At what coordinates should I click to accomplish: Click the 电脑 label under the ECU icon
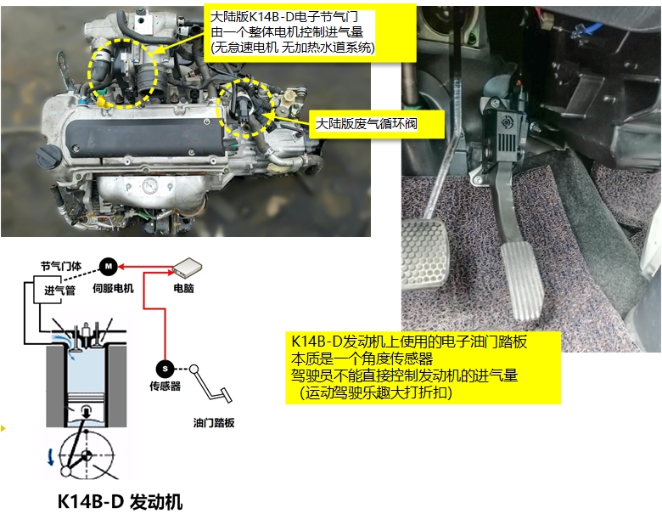click(183, 289)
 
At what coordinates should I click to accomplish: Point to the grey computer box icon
click(185, 268)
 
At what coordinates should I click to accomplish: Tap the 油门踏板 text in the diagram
click(213, 422)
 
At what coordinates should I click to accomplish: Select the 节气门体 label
click(61, 265)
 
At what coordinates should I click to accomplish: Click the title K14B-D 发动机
click(120, 501)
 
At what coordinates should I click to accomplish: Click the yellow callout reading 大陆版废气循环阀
click(367, 124)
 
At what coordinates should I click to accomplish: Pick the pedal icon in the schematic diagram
click(208, 386)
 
